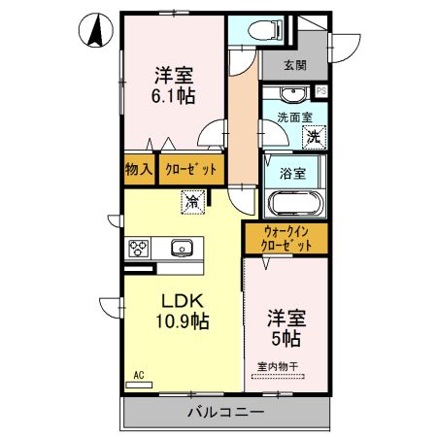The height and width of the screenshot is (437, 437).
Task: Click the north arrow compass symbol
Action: pyautogui.click(x=96, y=30)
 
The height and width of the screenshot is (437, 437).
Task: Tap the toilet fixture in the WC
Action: pyautogui.click(x=265, y=30)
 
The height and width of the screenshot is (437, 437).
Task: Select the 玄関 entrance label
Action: pyautogui.click(x=295, y=65)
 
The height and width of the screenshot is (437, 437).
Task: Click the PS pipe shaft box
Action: pyautogui.click(x=321, y=91)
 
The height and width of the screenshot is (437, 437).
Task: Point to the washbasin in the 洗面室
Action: pyautogui.click(x=293, y=94)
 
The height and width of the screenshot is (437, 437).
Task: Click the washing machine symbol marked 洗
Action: pyautogui.click(x=314, y=137)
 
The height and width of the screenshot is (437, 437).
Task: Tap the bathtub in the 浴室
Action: pyautogui.click(x=296, y=204)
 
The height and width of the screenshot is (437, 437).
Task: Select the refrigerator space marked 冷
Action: pyautogui.click(x=193, y=202)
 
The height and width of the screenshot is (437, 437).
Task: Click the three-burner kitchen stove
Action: pyautogui.click(x=139, y=249)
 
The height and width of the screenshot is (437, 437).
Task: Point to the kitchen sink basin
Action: pyautogui.click(x=182, y=249)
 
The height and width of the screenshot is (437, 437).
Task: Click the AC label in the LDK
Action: pyautogui.click(x=139, y=375)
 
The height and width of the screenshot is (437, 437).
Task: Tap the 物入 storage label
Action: pyautogui.click(x=139, y=169)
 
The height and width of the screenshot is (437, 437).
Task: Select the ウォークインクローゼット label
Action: pyautogui.click(x=286, y=239)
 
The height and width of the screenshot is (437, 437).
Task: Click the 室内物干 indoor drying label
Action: pyautogui.click(x=278, y=367)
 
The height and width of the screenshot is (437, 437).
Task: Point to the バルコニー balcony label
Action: pyautogui.click(x=226, y=412)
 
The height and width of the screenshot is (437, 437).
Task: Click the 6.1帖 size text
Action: pyautogui.click(x=174, y=95)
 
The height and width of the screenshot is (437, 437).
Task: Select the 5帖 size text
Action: pyautogui.click(x=286, y=338)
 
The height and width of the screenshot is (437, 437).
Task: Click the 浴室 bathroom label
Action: pyautogui.click(x=292, y=174)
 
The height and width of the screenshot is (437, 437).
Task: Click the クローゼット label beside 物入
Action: pyautogui.click(x=191, y=169)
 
